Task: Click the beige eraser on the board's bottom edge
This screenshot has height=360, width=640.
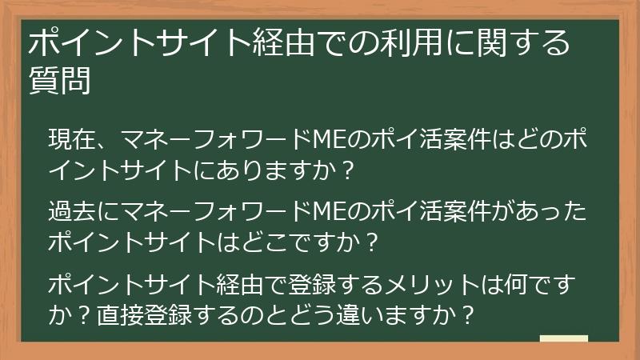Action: pyautogui.click(x=563, y=338)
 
